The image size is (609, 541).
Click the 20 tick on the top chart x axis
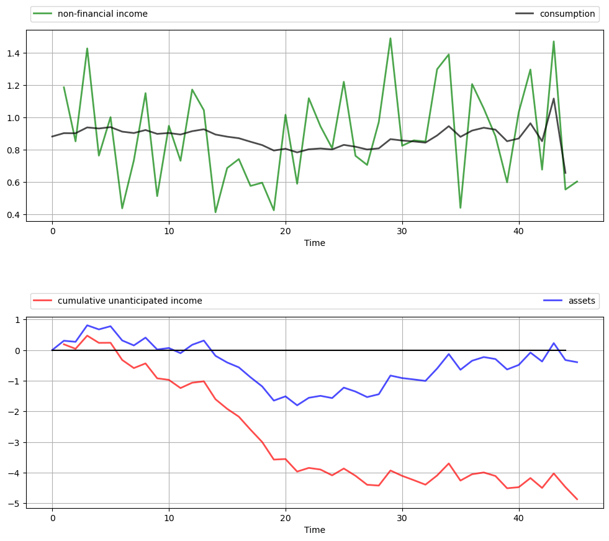pos(286,230)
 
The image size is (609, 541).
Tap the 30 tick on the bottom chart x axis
pos(402,517)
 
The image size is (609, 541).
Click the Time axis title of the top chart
pos(315,243)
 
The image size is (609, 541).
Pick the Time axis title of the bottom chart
pos(315,530)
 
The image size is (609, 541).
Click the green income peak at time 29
pos(390,39)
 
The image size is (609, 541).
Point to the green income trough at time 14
pos(215,212)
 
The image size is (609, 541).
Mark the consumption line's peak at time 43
pos(554,98)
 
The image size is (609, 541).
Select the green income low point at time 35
pos(461,207)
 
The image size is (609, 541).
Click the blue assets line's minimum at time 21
pos(297,406)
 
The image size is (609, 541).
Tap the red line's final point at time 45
pos(577,499)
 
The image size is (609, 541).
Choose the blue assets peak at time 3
pos(88,325)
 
